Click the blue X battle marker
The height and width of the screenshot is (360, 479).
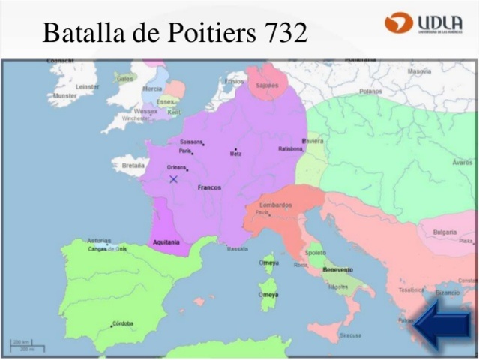[173, 179]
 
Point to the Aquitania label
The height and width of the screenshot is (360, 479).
[166, 242]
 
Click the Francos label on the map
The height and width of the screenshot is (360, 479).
[209, 187]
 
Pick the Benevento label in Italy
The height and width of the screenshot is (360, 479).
[337, 269]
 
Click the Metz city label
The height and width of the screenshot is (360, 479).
[235, 154]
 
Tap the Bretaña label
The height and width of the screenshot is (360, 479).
[133, 165]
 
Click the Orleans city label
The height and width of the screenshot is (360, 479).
[176, 167]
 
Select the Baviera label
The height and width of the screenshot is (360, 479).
[313, 140]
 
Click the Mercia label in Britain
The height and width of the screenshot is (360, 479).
[152, 88]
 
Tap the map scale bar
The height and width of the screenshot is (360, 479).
[27, 345]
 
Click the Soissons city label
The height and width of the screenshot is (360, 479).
[190, 142]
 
